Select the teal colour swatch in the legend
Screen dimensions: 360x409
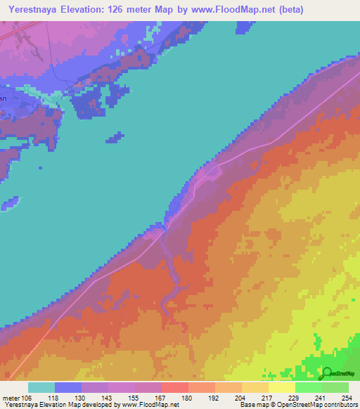pos(41,387)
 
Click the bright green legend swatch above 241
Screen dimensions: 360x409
pos(309,387)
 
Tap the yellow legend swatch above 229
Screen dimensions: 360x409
pos(282,387)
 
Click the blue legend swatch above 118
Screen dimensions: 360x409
pos(68,387)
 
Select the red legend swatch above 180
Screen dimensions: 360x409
pos(175,387)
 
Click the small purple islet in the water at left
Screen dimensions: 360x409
pos(9,204)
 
